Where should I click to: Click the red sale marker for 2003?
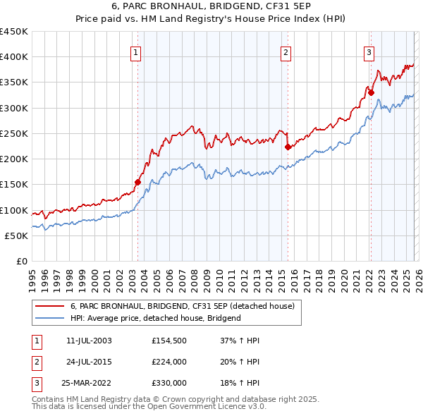pyautogui.click(x=137, y=182)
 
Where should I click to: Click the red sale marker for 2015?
pyautogui.click(x=288, y=147)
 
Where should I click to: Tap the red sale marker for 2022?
pyautogui.click(x=371, y=92)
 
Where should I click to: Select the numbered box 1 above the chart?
pyautogui.click(x=135, y=51)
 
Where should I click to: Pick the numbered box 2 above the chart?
pyautogui.click(x=286, y=51)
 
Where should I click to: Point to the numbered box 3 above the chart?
pyautogui.click(x=369, y=51)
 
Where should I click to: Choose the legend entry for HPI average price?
pyautogui.click(x=155, y=318)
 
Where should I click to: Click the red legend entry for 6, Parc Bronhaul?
pyautogui.click(x=186, y=306)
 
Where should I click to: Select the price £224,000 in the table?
pyautogui.click(x=169, y=362)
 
